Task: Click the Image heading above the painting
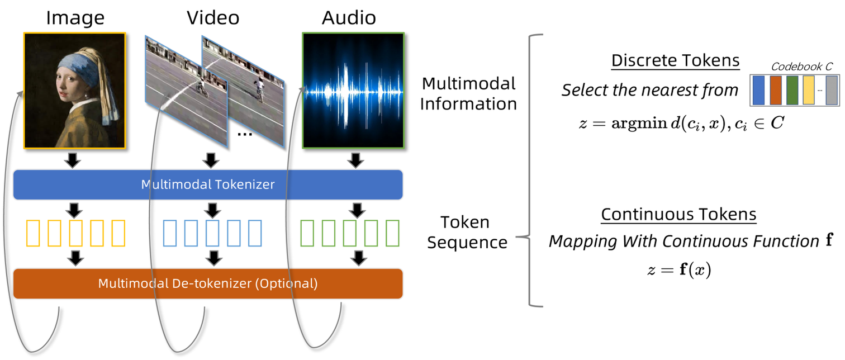pos(75,18)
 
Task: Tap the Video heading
pos(213,18)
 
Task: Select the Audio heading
pos(349,18)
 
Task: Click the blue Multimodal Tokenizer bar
pos(208,184)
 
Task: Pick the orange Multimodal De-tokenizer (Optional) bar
pos(208,283)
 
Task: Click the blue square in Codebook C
pos(758,91)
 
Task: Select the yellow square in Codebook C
pos(808,91)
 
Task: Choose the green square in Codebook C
pos(792,91)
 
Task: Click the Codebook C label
pos(801,67)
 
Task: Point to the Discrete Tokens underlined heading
pos(675,60)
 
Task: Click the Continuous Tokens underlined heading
pos(678,214)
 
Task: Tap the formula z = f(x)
pos(678,271)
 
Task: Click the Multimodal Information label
pos(468,93)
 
